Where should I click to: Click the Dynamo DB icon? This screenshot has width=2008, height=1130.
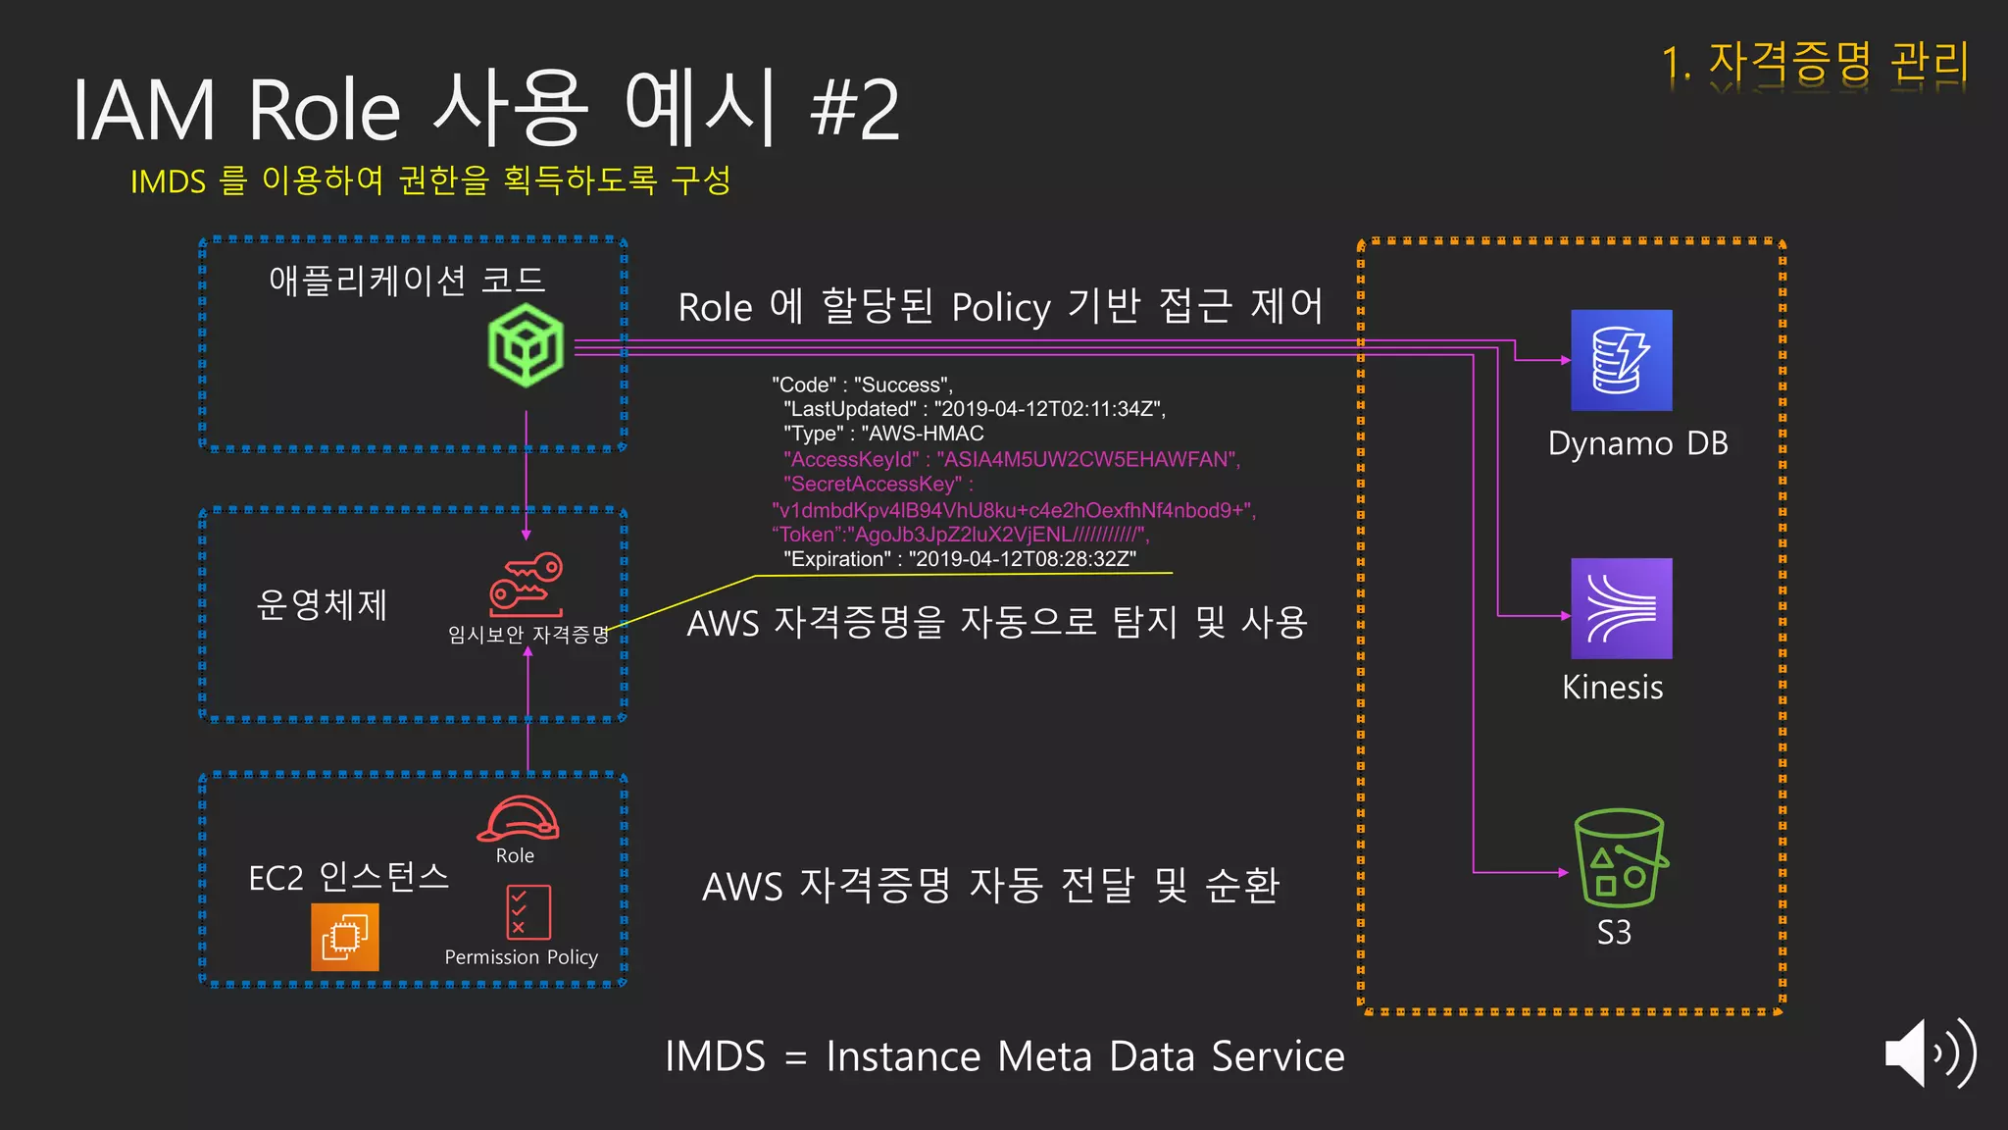pyautogui.click(x=1621, y=360)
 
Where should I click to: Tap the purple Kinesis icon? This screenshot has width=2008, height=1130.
pyautogui.click(x=1621, y=608)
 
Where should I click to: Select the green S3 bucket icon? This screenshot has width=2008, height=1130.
pyautogui.click(x=1620, y=858)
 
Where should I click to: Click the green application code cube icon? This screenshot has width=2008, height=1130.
pyautogui.click(x=527, y=345)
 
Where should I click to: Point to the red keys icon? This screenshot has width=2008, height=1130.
pyautogui.click(x=527, y=585)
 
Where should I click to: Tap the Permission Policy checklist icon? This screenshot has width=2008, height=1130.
pyautogui.click(x=528, y=912)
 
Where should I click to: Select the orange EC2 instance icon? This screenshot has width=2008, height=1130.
pyautogui.click(x=344, y=937)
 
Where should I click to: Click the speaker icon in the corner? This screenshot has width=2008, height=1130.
pyautogui.click(x=1928, y=1053)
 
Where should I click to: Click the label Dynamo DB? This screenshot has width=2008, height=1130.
pyautogui.click(x=1637, y=443)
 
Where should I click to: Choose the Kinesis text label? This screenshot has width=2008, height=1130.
pyautogui.click(x=1612, y=687)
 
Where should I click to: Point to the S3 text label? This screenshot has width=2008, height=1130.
pyautogui.click(x=1614, y=932)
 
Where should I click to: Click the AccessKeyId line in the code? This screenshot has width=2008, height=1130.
pyautogui.click(x=1011, y=459)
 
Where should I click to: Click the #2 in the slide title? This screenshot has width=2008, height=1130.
pyautogui.click(x=854, y=110)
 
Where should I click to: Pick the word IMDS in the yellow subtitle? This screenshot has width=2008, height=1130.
pyautogui.click(x=168, y=181)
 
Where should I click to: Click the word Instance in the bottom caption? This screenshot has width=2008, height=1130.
pyautogui.click(x=902, y=1056)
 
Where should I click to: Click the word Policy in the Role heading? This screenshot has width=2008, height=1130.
pyautogui.click(x=1001, y=308)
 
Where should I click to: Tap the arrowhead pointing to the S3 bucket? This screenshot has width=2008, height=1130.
pyautogui.click(x=1564, y=871)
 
